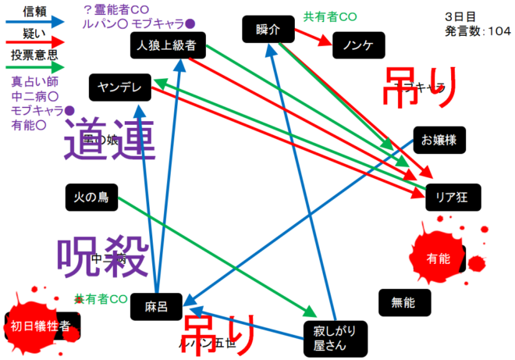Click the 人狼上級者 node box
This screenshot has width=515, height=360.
pos(168,45)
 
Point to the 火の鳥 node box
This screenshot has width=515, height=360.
pos(91,198)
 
